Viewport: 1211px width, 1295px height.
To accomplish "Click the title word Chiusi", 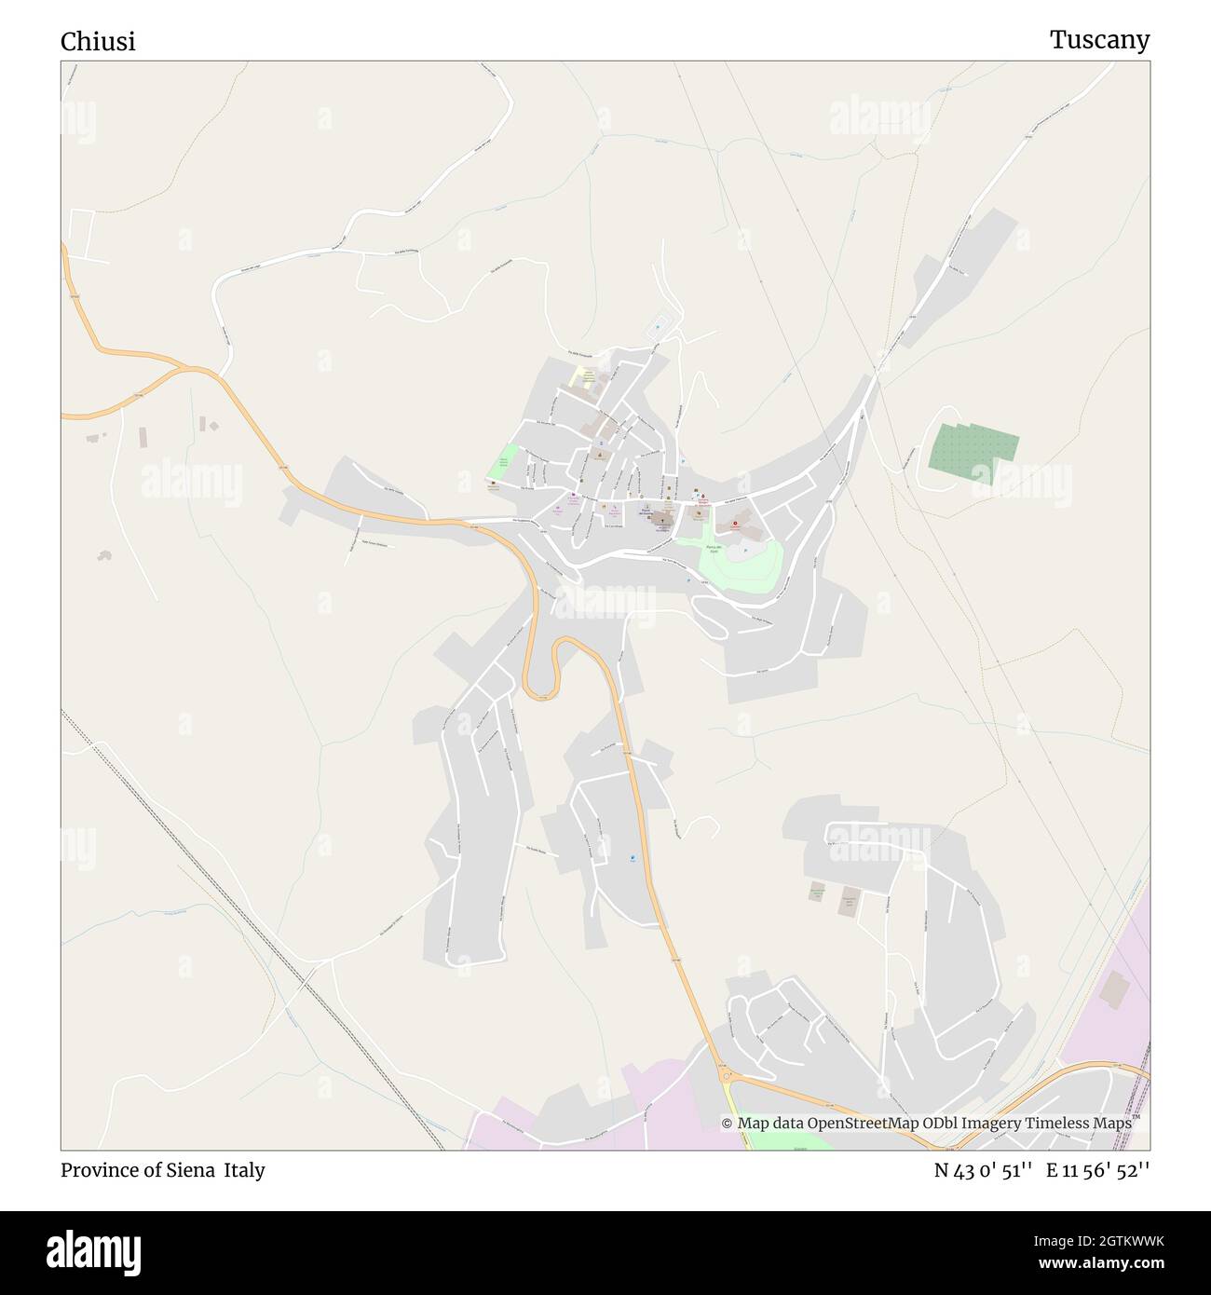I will tap(98, 42).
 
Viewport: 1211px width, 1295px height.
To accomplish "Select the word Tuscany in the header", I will tap(1099, 40).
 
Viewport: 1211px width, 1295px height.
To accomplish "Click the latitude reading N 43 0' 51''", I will tap(983, 1170).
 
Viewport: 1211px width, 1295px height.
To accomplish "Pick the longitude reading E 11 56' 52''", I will tap(1097, 1170).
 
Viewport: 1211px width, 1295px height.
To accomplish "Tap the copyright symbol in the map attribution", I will tap(727, 1123).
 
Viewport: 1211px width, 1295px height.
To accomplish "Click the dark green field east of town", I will tap(972, 448).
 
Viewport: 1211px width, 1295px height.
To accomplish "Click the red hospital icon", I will tap(735, 525).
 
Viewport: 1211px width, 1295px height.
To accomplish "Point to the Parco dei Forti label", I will tap(713, 549).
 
